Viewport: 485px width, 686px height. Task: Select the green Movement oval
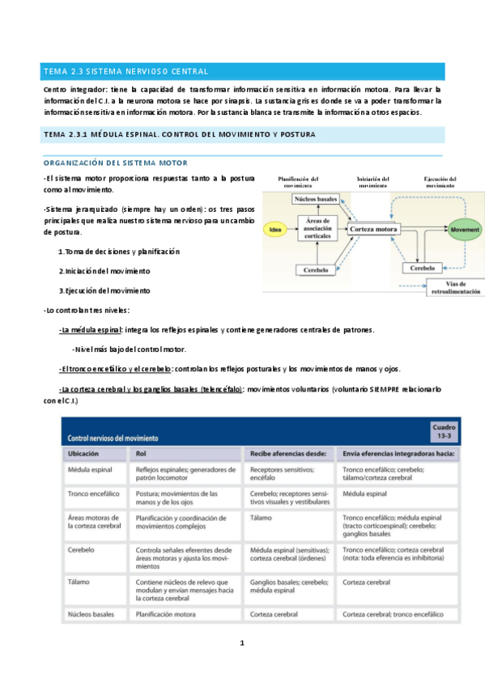[465, 230]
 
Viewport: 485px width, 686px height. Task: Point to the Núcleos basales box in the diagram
[316, 198]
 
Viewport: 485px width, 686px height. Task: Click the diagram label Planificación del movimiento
[298, 181]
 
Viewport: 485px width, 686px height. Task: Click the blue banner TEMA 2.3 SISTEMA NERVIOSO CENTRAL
[242, 71]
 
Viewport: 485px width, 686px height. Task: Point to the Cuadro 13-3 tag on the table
[445, 431]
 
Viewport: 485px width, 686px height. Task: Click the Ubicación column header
[88, 454]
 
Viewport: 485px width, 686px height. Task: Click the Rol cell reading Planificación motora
[168, 615]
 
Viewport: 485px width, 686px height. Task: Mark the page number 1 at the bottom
[241, 643]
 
